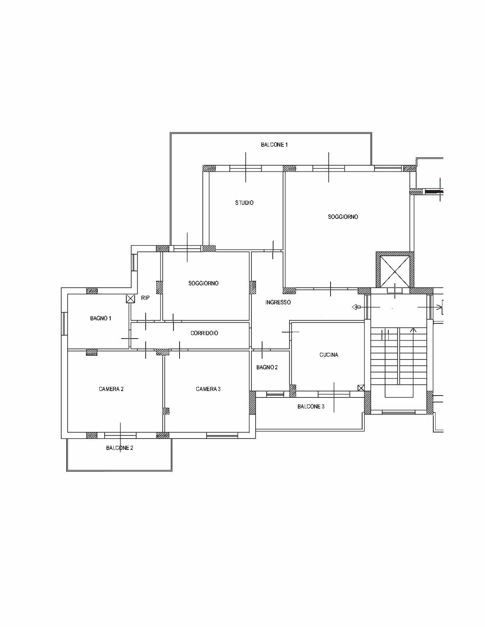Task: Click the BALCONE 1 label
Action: click(x=274, y=145)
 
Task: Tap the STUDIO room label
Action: click(x=244, y=203)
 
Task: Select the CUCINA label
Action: click(x=329, y=355)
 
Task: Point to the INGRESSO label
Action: click(x=278, y=302)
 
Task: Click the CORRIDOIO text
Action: click(x=204, y=333)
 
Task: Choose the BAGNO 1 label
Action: click(x=100, y=318)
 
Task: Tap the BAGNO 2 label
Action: click(x=267, y=367)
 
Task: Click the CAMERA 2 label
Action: click(x=111, y=389)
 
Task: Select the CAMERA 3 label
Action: click(x=208, y=389)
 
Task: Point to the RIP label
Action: click(x=145, y=298)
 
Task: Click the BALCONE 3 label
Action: click(x=311, y=407)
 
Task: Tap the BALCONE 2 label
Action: click(x=119, y=448)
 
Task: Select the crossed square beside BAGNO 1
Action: click(x=130, y=299)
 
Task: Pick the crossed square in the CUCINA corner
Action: click(x=361, y=388)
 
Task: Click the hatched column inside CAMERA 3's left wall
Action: click(x=166, y=411)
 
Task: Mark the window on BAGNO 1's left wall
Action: click(x=64, y=324)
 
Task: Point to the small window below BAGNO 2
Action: click(x=275, y=394)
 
